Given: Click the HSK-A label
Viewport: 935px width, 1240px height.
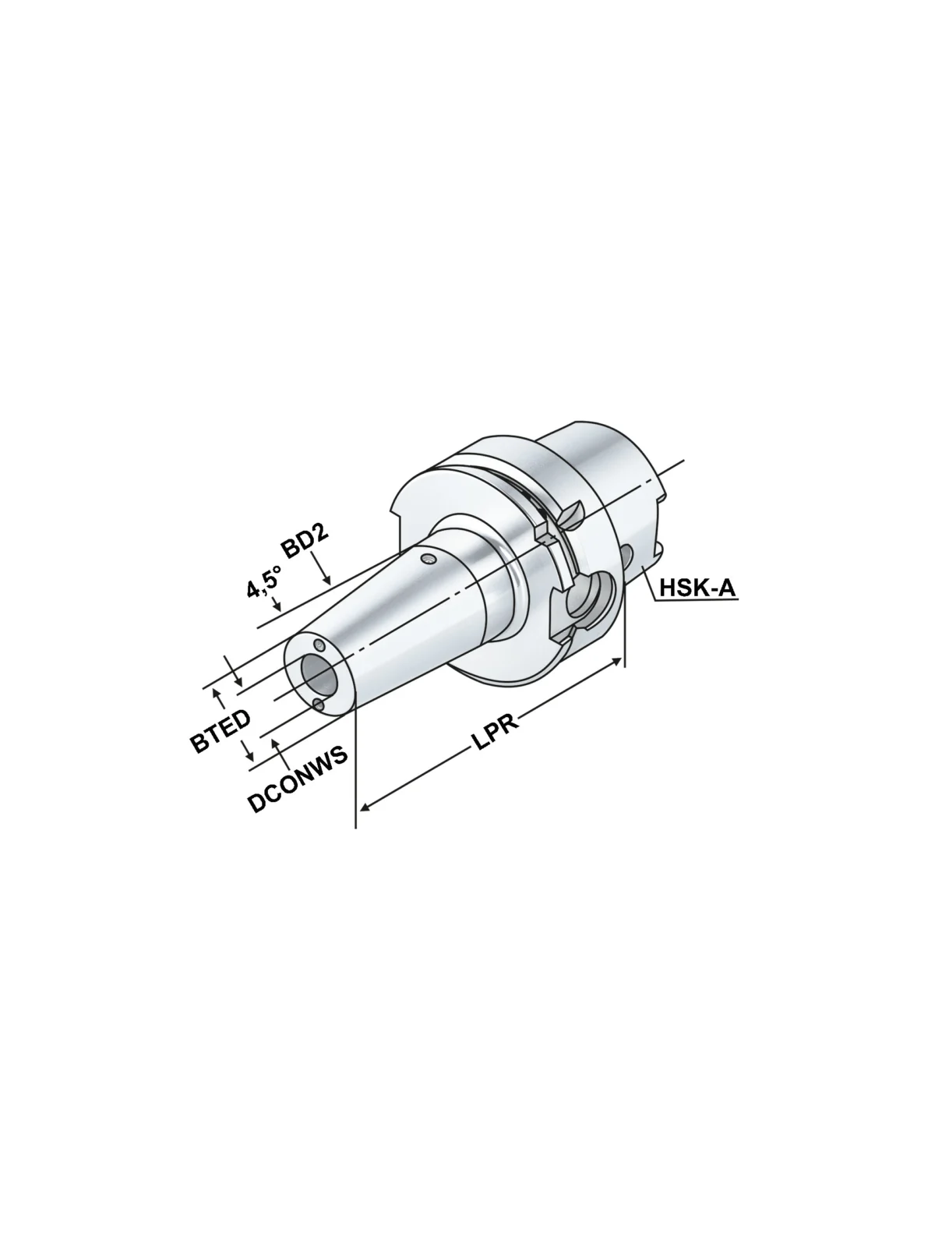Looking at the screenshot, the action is (698, 588).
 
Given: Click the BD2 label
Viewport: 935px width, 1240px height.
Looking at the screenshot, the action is (305, 542).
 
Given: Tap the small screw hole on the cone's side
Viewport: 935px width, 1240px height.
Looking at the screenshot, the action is (429, 560).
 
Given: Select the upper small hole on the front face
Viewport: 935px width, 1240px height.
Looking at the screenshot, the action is (320, 645).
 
